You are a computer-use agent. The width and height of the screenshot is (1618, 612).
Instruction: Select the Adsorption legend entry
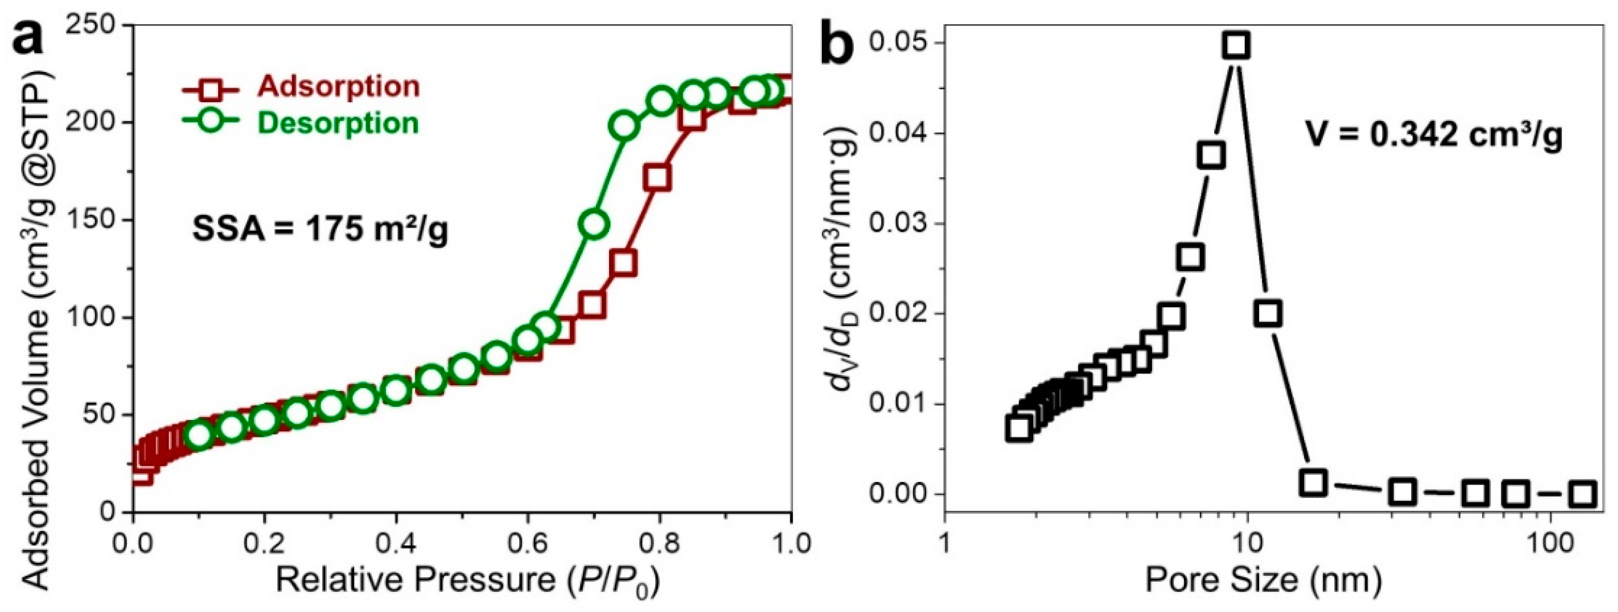[338, 87]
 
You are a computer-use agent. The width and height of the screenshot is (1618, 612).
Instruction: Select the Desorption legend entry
[338, 123]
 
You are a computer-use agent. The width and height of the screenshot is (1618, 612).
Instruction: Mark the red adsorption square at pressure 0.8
[658, 179]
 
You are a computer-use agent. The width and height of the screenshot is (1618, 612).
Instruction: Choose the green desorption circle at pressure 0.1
[198, 435]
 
